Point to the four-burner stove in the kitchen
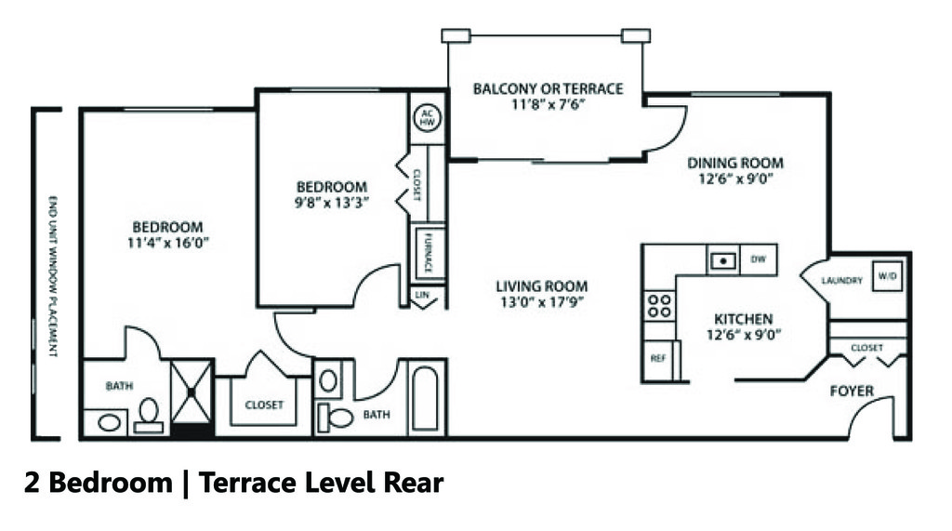point(659,306)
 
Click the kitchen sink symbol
point(722,260)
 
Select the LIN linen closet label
point(424,295)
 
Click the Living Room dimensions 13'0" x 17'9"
point(541,302)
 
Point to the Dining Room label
point(735,163)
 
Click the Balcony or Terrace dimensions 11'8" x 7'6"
point(548,105)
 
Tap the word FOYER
point(852,392)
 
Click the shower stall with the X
point(192,392)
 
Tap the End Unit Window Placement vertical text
point(52,276)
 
